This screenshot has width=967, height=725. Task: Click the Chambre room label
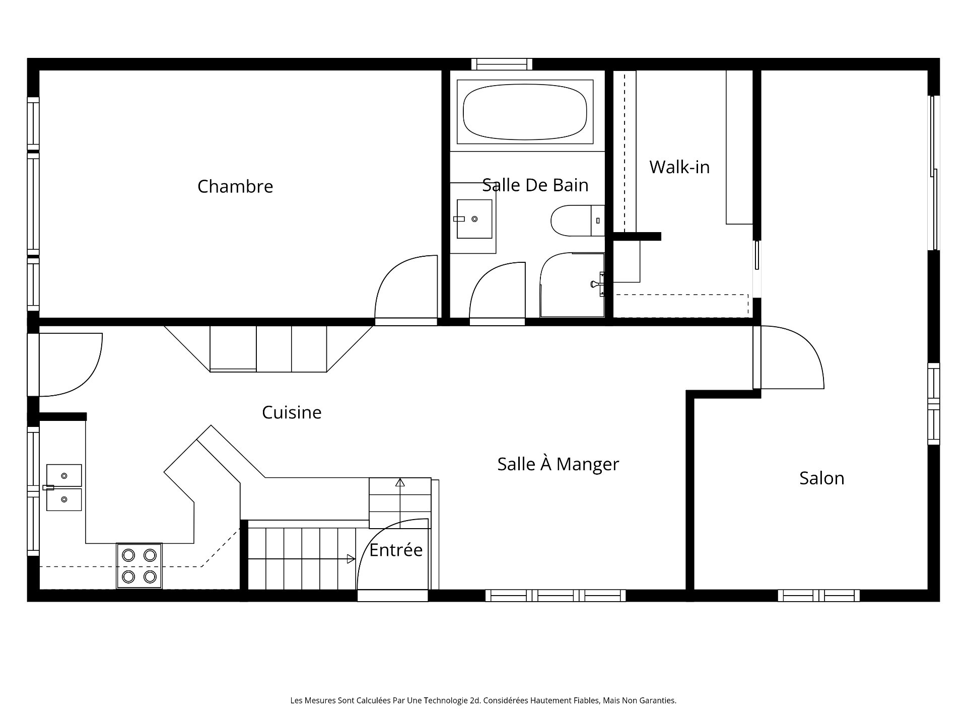(235, 186)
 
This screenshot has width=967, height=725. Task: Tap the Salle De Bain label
(535, 185)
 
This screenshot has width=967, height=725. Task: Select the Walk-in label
(679, 167)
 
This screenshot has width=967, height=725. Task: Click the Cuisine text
(292, 412)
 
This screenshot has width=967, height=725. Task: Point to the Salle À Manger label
(558, 464)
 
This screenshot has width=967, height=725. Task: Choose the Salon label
(821, 478)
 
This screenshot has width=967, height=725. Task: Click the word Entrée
(396, 550)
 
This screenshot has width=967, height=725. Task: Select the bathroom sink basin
(474, 219)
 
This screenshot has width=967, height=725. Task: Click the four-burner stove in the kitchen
(140, 565)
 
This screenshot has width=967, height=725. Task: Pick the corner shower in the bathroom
(573, 285)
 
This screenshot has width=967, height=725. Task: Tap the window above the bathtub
(502, 64)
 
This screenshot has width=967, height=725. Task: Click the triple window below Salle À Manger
(556, 596)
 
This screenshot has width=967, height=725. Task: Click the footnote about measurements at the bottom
(483, 700)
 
